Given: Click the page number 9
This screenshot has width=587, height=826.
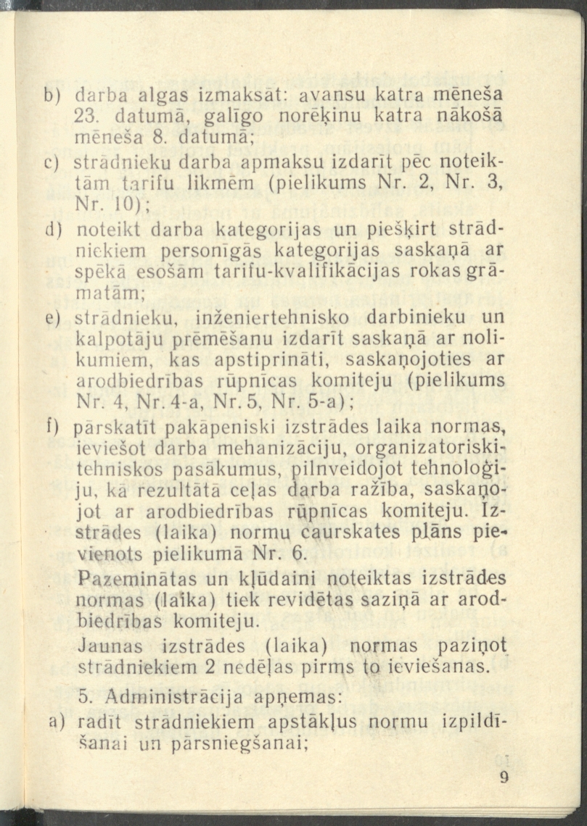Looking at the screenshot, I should [x=505, y=778].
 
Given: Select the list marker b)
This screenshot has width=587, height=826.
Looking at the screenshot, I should [x=53, y=93].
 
